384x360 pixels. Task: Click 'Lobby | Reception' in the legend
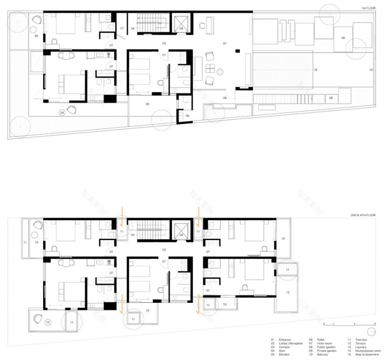click(291, 343)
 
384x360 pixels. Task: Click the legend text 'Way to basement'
click(367, 355)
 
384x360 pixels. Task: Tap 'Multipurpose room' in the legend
click(369, 351)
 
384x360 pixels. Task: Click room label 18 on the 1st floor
click(315, 70)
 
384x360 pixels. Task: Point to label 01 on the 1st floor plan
click(372, 70)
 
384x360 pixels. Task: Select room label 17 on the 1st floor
click(122, 28)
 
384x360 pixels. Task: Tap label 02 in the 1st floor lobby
click(225, 43)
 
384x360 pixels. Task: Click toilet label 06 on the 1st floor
click(187, 116)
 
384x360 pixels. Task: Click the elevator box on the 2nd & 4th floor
click(181, 230)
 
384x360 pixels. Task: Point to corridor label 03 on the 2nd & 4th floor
click(164, 250)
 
